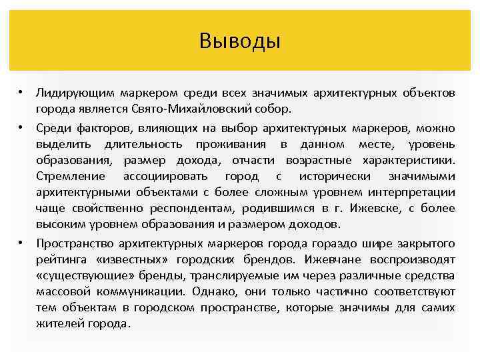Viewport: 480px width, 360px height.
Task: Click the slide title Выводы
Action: tap(239, 42)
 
